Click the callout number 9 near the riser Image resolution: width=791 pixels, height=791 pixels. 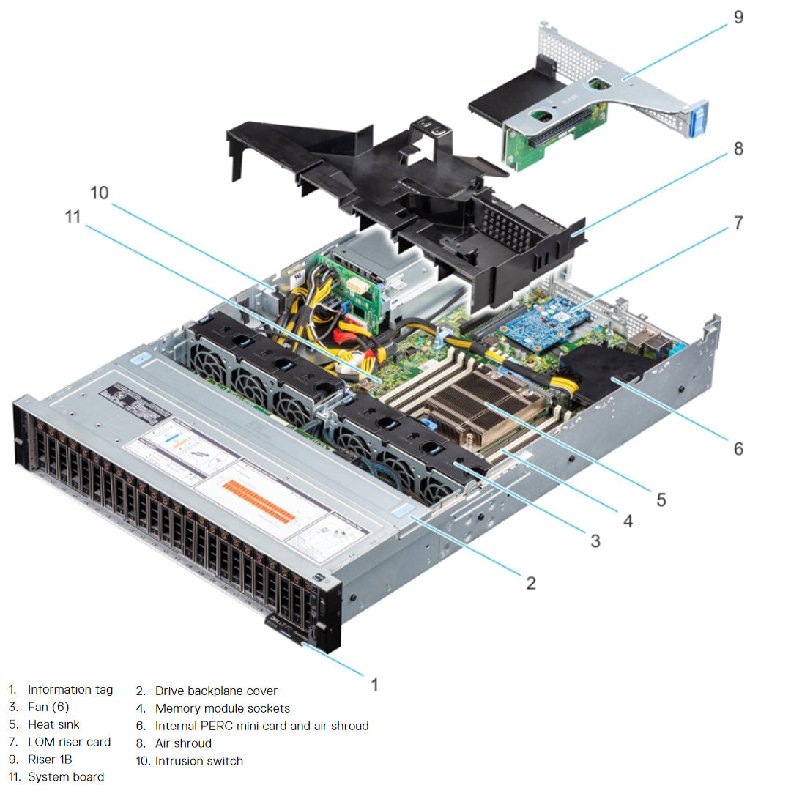tap(738, 16)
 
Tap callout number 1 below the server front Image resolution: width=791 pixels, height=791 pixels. tap(374, 685)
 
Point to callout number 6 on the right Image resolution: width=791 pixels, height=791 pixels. tap(738, 448)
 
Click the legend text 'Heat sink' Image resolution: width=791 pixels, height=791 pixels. tap(53, 724)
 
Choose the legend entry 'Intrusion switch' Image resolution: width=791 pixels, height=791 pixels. tap(198, 761)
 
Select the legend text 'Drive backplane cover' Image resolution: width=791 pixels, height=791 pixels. tap(216, 691)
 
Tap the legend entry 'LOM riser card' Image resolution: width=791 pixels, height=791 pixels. tap(69, 742)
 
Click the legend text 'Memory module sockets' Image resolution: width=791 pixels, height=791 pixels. tap(222, 708)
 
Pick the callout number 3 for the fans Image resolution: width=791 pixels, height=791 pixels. tap(595, 541)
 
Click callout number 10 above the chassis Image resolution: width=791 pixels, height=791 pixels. tap(100, 192)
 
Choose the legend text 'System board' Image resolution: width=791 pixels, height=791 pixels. tap(65, 777)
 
